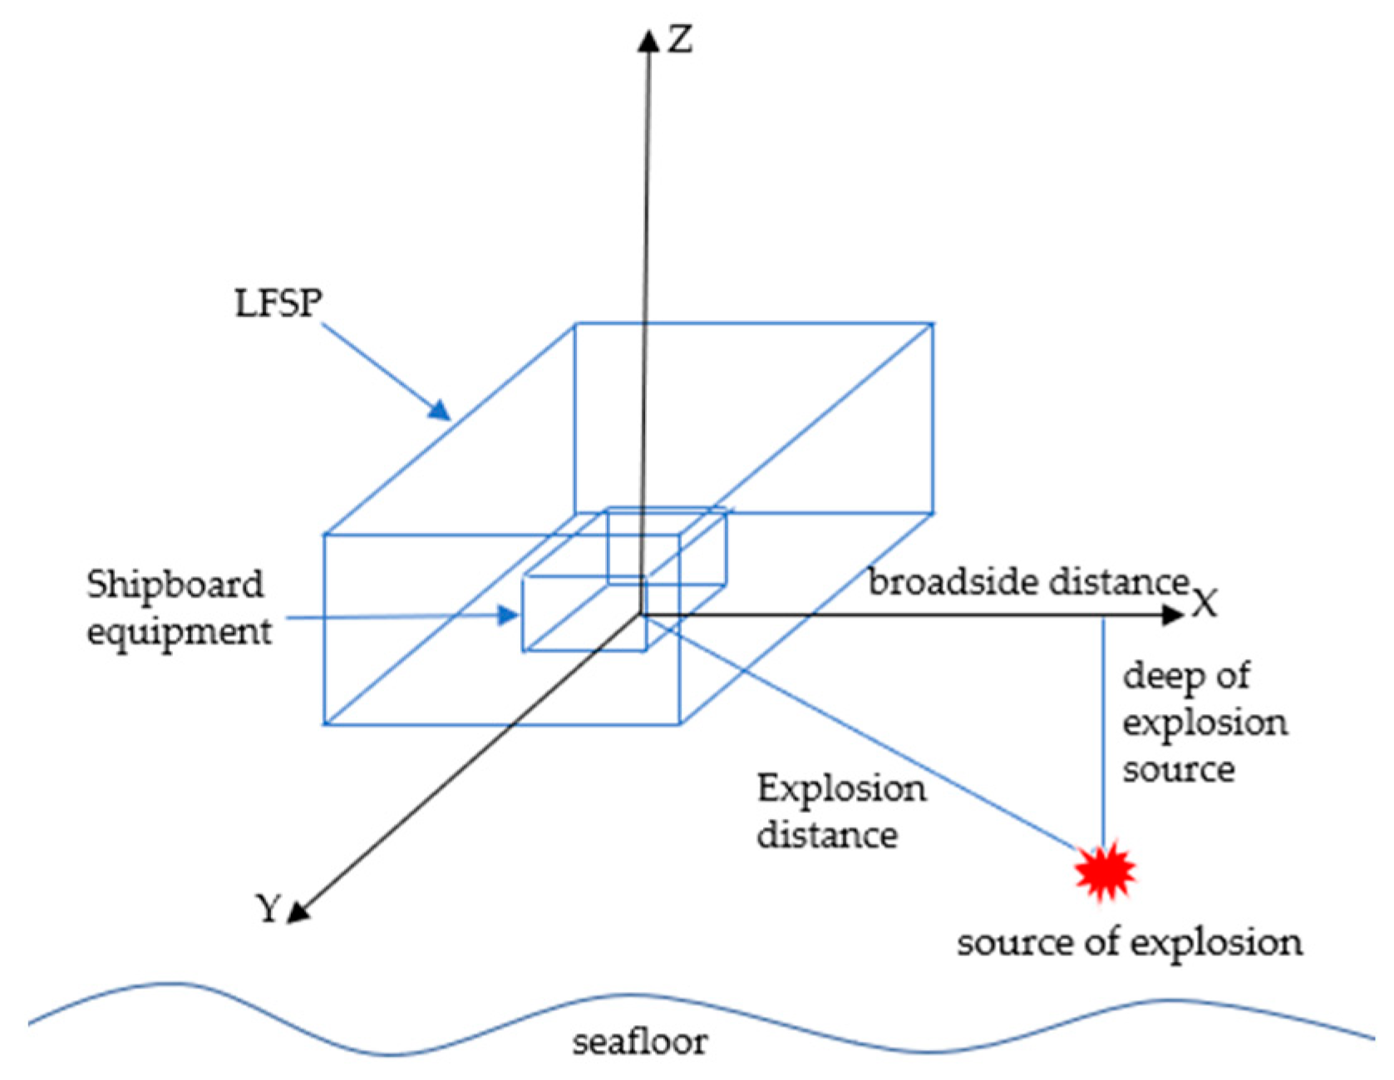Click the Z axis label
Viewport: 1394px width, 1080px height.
pos(681,39)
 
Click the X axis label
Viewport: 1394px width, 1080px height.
pos(1204,603)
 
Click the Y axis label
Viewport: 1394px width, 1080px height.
pos(268,908)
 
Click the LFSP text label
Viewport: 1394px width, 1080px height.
pos(278,303)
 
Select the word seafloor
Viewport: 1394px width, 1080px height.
pos(640,1042)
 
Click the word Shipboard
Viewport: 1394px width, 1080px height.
pos(175,584)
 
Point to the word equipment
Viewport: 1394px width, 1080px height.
pos(179,632)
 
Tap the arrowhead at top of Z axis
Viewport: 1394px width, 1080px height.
pos(648,40)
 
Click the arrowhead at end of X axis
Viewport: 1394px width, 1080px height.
pos(1172,615)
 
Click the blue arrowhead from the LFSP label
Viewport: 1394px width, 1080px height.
pos(440,410)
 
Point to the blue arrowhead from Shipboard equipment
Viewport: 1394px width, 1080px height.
pos(507,615)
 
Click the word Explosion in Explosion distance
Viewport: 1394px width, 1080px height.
pos(841,789)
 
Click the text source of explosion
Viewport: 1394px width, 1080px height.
pos(1130,943)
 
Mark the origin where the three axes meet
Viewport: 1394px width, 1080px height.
pos(641,615)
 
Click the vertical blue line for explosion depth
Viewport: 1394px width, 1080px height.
pos(1103,732)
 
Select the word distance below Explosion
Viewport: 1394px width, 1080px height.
pos(827,835)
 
